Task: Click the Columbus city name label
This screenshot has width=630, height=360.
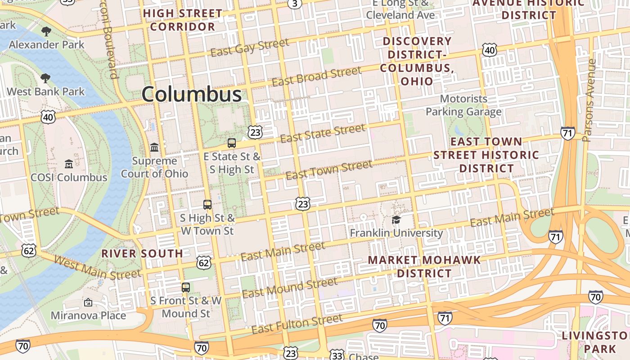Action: pos(192,94)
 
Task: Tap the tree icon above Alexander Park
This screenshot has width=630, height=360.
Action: pos(46,31)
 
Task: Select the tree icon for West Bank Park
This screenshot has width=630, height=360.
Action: pos(45,78)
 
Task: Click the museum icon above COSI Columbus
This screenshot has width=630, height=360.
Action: pos(69,164)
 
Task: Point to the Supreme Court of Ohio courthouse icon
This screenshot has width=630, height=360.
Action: pos(154,147)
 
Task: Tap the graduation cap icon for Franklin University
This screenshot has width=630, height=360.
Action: pos(396,220)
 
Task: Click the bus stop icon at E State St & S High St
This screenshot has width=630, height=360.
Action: pos(232,143)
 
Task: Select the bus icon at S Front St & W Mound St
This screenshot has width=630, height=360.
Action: pos(186,287)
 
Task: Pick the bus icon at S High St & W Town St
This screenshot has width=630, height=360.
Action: pos(207,205)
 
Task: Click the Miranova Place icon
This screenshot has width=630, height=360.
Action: pos(88,302)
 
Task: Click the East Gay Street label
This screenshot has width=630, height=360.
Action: pos(250,48)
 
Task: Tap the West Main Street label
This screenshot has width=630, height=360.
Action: pos(97,268)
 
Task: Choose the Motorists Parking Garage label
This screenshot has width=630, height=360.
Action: pos(463,105)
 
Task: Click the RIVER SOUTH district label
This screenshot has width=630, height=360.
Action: pos(142,253)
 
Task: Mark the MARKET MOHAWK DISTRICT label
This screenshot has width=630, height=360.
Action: pos(424,266)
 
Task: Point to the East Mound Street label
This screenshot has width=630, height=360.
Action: pos(289,288)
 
